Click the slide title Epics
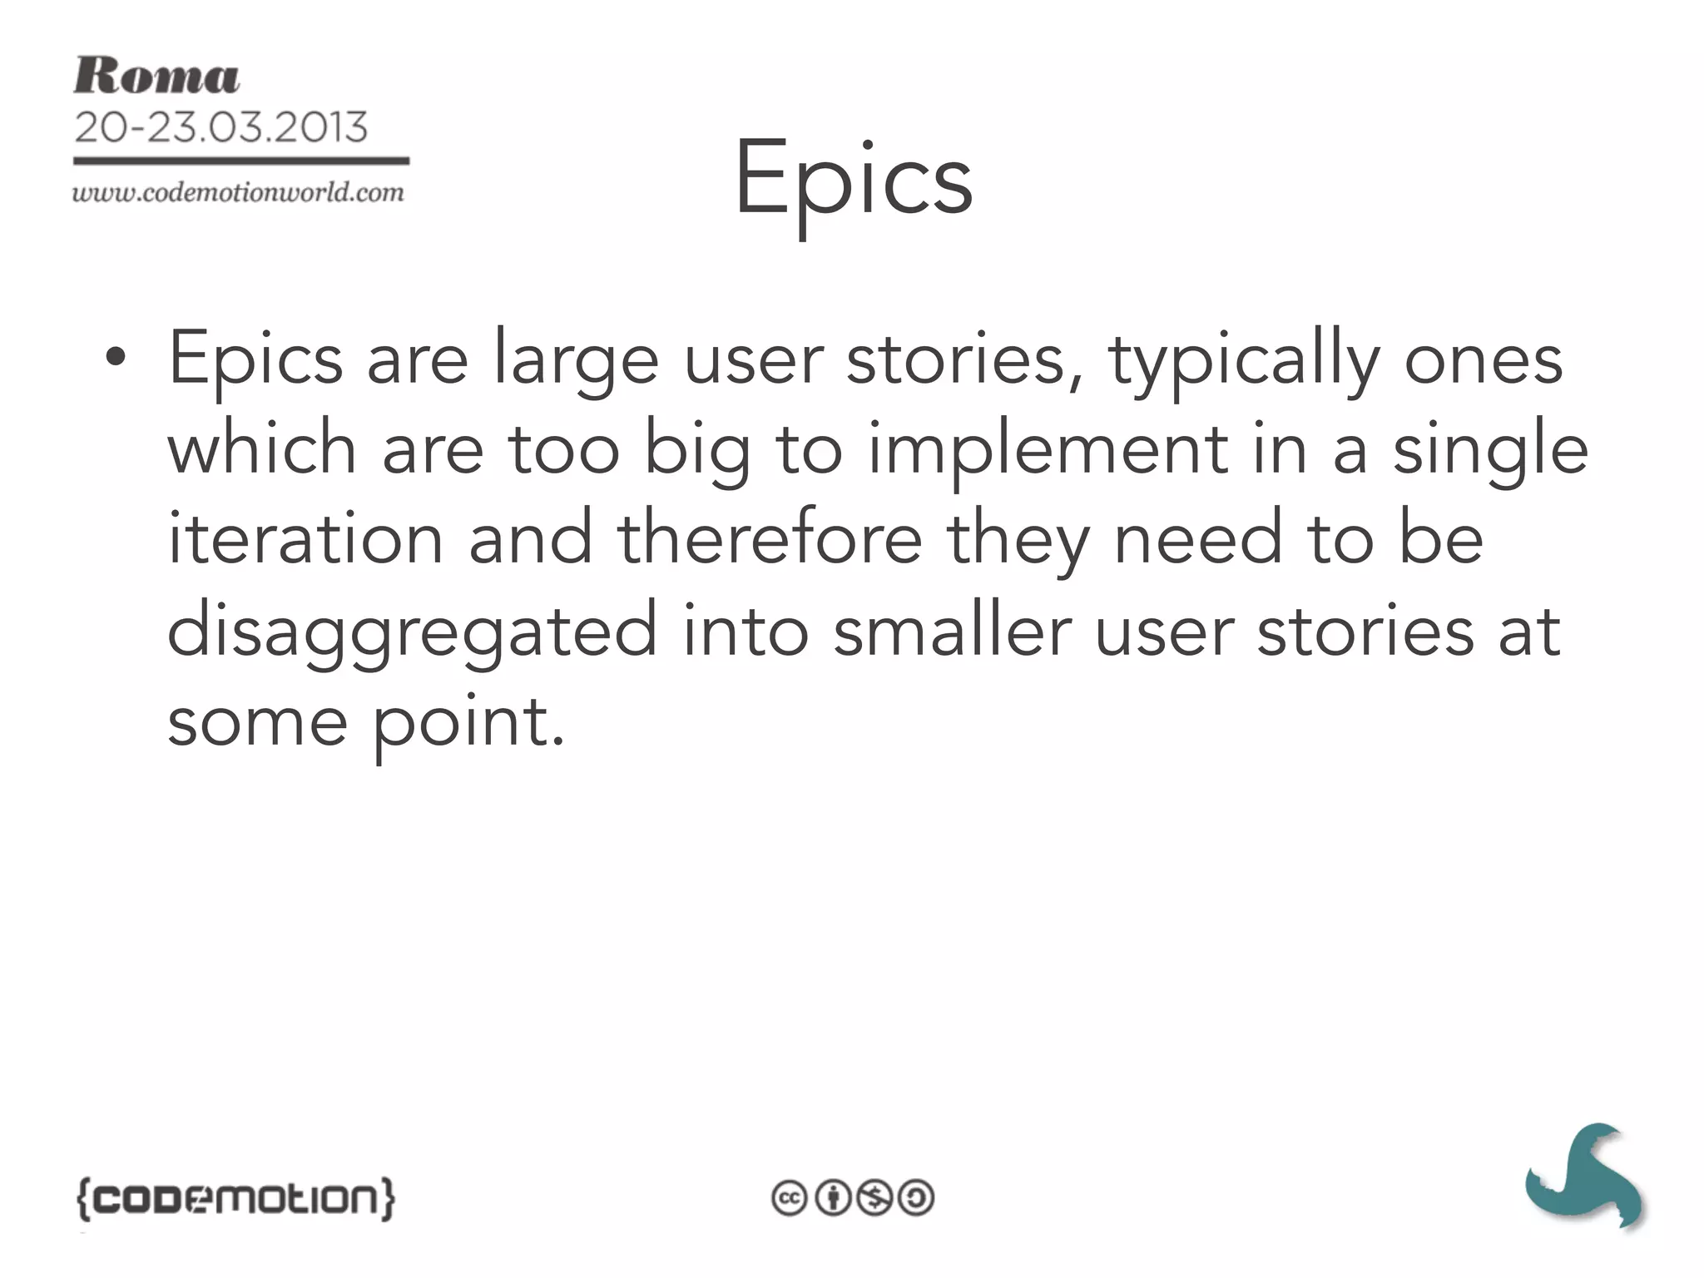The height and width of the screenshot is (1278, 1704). coord(853,179)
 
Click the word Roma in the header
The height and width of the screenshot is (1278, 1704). coord(156,77)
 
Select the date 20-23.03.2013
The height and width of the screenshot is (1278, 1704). coord(220,127)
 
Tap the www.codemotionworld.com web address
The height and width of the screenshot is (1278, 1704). coord(238,193)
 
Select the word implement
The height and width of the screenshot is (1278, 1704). coord(1048,450)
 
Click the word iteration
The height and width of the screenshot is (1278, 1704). coord(305,539)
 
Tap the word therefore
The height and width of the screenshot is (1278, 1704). coord(770,539)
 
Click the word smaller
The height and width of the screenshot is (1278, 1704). coord(953,631)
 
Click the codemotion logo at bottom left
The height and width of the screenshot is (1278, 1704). coord(235,1198)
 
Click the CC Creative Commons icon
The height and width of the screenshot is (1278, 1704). coord(789,1198)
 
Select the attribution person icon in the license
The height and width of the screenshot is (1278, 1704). coord(831,1198)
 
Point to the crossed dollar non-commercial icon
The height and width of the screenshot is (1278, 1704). coord(874,1198)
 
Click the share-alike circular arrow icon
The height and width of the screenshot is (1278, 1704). coord(916,1198)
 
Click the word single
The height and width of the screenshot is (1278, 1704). coord(1490,450)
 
